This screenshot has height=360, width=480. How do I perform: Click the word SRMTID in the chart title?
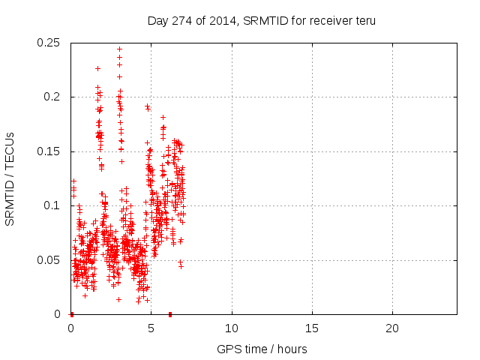click(x=241, y=21)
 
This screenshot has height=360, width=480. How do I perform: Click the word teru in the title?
click(x=364, y=21)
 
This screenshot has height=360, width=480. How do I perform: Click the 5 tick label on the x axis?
click(x=151, y=328)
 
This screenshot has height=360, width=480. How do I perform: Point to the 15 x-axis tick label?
click(x=311, y=328)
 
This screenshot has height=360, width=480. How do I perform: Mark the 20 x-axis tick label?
click(x=391, y=328)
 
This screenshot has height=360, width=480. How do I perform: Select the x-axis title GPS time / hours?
click(x=262, y=349)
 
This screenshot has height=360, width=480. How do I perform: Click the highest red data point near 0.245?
click(x=119, y=49)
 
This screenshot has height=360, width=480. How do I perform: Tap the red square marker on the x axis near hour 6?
click(x=170, y=313)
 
